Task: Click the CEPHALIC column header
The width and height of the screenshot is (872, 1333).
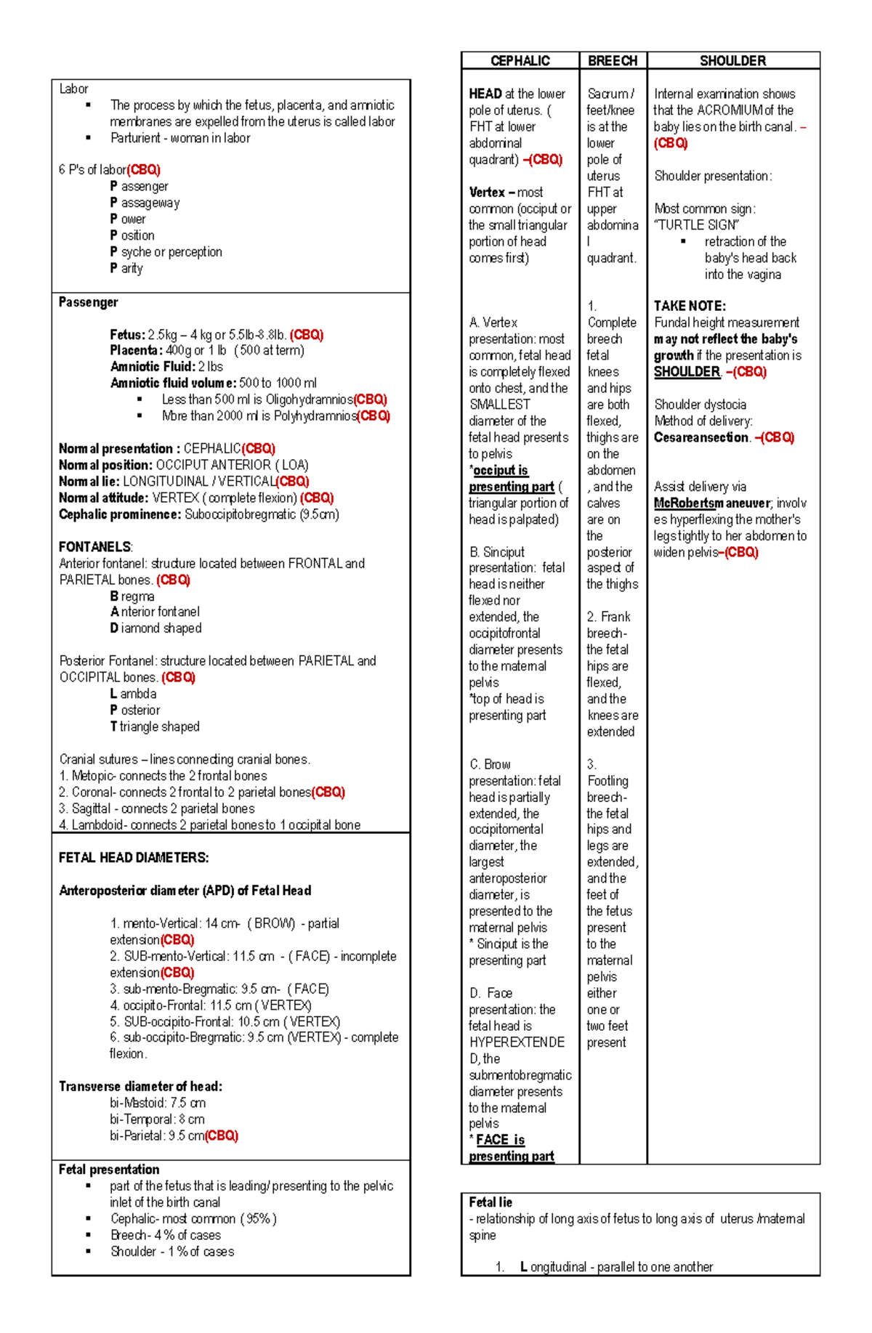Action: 520,61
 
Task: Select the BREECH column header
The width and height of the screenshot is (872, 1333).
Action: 613,61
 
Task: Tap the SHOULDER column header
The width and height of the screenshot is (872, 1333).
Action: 732,61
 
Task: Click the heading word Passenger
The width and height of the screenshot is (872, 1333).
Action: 88,302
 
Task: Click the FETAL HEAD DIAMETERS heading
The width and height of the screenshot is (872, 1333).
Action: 134,858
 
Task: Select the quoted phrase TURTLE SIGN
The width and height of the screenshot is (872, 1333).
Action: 698,225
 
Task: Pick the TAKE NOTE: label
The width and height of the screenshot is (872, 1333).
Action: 690,306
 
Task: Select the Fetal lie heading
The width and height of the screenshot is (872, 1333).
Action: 490,1202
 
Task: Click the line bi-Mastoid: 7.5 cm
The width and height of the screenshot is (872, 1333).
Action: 157,1103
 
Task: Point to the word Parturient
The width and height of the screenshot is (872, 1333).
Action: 135,138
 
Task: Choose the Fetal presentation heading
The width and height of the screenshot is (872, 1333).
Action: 109,1170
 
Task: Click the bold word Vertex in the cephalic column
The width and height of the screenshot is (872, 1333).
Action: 486,193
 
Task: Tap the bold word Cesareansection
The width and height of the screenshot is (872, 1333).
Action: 701,437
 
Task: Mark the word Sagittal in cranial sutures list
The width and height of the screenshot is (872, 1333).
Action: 91,809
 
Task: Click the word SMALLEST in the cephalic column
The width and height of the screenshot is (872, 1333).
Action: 499,405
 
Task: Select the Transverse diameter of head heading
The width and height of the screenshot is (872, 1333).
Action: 140,1087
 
